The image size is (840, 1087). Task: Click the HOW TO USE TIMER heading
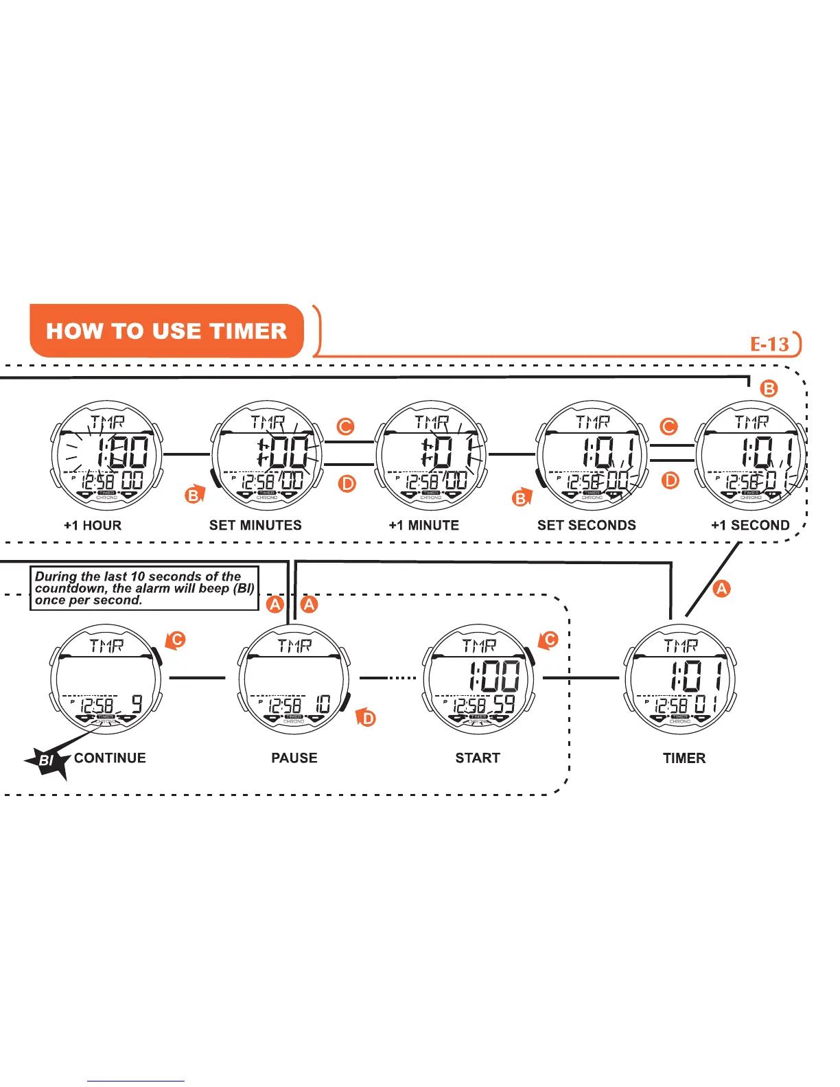[166, 331]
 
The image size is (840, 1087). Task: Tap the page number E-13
[769, 344]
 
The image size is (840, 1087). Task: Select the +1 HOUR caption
[93, 526]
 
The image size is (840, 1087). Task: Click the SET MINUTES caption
[255, 525]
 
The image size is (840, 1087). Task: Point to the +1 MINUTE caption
[423, 526]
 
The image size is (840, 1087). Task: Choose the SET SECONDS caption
[586, 525]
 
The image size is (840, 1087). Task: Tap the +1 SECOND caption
[750, 526]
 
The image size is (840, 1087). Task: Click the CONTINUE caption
[110, 758]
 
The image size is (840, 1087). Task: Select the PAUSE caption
[294, 758]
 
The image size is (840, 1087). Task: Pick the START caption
[478, 758]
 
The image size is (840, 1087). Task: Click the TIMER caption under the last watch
[684, 758]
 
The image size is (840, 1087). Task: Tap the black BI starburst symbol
[47, 760]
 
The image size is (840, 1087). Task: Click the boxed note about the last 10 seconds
[144, 588]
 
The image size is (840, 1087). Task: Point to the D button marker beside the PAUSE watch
[369, 718]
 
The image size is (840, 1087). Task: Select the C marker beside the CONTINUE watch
[177, 640]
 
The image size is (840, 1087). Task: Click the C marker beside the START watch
[550, 640]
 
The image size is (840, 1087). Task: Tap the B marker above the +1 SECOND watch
[769, 388]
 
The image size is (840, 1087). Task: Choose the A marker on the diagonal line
[721, 588]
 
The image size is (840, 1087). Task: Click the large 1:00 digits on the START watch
[494, 677]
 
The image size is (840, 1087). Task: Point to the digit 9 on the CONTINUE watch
[137, 705]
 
